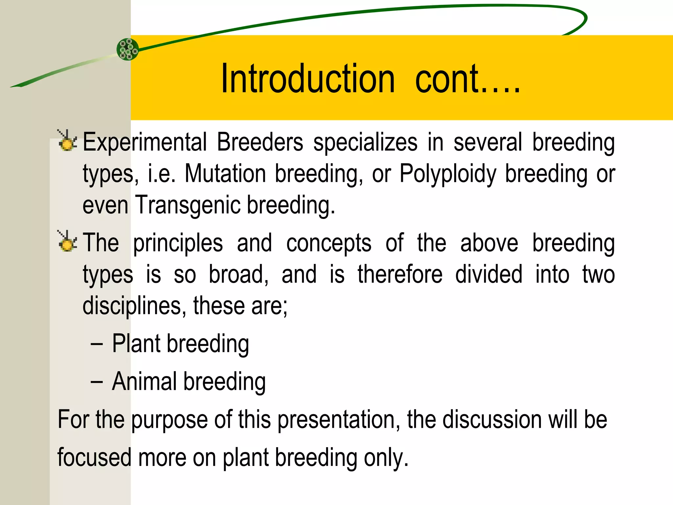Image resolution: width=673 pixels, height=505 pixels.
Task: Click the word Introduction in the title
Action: pos(308,79)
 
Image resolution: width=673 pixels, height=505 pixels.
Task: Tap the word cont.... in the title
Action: pos(467,79)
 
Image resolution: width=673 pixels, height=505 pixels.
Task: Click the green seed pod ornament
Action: pos(128,49)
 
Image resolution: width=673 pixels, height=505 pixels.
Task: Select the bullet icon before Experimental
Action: pos(67,141)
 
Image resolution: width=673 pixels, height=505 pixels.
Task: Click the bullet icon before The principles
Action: pos(67,241)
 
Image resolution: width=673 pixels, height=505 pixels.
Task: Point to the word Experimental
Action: pos(145,143)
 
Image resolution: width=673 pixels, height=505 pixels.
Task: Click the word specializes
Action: pos(365,143)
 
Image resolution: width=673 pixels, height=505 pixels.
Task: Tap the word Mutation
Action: pos(225,174)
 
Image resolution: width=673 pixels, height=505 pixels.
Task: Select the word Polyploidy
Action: pos(448,174)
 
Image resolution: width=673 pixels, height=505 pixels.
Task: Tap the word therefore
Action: pos(400,274)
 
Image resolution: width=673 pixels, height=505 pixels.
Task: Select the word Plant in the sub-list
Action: pos(136,344)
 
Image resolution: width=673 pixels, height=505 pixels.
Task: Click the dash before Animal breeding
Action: pos(97,382)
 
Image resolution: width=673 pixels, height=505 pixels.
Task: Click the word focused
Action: pos(94,458)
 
